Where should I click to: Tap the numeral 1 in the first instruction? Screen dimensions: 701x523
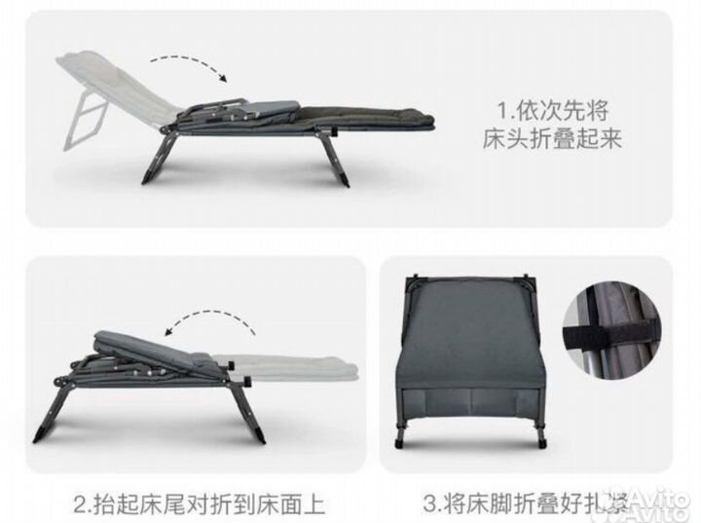pyautogui.click(x=503, y=110)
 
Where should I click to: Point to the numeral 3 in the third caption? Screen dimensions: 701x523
pyautogui.click(x=429, y=504)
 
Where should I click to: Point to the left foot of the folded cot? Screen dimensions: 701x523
pyautogui.click(x=399, y=443)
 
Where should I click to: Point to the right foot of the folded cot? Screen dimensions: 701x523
pyautogui.click(x=542, y=443)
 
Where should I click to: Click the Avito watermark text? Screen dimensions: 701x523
pyautogui.click(x=663, y=504)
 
